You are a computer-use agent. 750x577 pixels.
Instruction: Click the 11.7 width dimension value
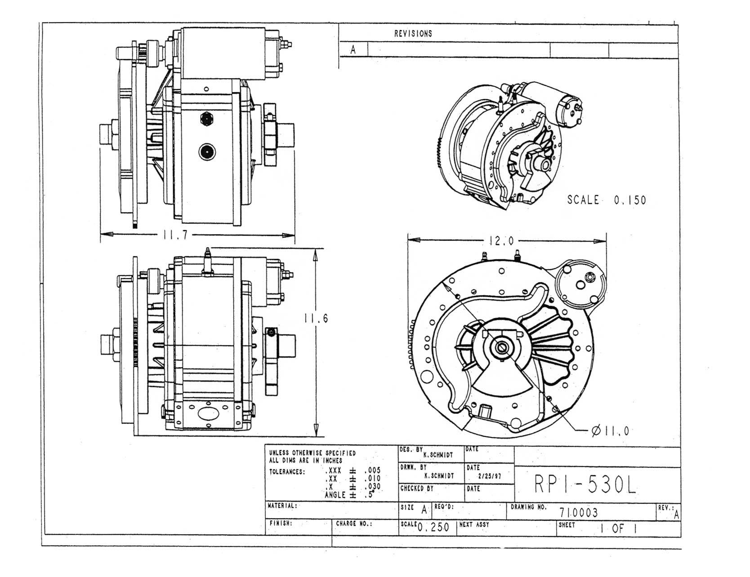point(173,235)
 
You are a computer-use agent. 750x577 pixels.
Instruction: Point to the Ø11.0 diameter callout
point(610,431)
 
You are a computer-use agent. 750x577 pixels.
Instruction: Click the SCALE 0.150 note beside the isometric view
point(607,200)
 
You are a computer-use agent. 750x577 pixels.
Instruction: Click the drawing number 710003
point(579,512)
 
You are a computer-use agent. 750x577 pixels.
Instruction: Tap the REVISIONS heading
point(413,33)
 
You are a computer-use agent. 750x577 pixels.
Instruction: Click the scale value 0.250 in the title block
point(433,528)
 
